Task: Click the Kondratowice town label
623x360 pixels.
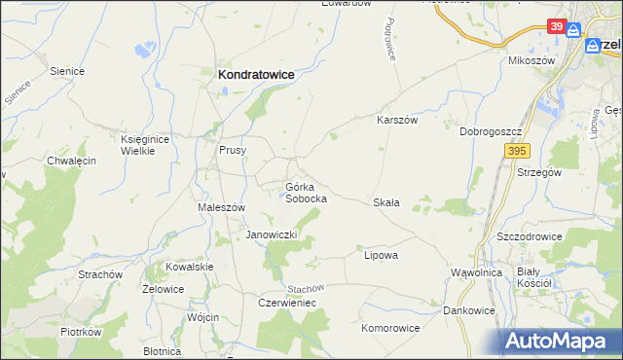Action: [257, 73]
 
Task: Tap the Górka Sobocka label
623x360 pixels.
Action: [306, 192]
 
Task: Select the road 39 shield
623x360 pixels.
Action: [556, 26]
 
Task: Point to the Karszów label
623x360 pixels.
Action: [397, 120]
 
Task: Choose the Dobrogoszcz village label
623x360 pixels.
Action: [493, 131]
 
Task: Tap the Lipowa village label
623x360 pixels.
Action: [382, 255]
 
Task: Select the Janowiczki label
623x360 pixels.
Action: [277, 235]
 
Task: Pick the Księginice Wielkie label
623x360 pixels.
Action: [145, 145]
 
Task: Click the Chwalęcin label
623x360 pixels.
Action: [71, 162]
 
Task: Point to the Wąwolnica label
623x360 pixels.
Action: [477, 272]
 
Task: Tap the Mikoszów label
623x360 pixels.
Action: [531, 60]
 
